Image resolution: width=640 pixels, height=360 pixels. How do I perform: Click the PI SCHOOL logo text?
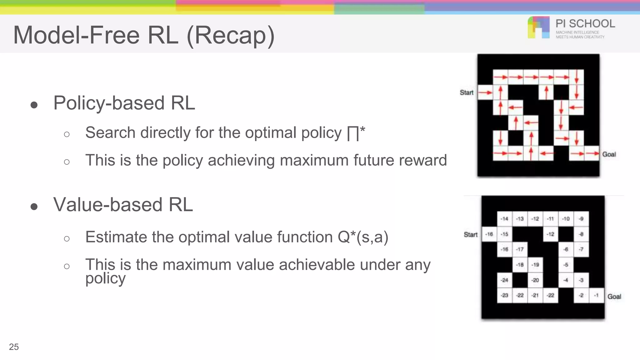[x=585, y=24]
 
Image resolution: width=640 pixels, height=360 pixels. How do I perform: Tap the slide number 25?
[x=14, y=347]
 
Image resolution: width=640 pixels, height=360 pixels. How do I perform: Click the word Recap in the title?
[x=231, y=35]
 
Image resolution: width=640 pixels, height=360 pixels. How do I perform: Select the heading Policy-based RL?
[x=124, y=103]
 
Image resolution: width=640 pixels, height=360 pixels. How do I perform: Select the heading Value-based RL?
[x=123, y=205]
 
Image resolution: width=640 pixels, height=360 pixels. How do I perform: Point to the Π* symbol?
[x=356, y=133]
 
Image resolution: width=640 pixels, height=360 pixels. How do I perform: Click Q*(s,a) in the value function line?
[x=363, y=237]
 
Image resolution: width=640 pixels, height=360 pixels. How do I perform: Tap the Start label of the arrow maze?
[x=467, y=92]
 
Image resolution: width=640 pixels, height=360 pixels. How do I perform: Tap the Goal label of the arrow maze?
[x=609, y=154]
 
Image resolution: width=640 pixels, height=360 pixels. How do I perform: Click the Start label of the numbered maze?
[x=471, y=235]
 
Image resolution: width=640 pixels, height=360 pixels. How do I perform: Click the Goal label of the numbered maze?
[x=614, y=297]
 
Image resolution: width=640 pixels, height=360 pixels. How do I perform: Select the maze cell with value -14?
[x=504, y=219]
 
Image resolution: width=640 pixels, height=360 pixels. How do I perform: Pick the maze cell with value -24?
[x=504, y=280]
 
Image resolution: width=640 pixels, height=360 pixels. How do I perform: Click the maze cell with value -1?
[x=596, y=295]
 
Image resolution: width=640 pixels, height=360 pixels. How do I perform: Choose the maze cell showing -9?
[x=581, y=219]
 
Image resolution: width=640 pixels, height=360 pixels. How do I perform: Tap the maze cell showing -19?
[x=535, y=265]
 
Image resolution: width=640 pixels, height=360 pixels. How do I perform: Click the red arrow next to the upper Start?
[x=485, y=92]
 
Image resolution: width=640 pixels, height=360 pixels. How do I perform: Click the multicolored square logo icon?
[x=538, y=27]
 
